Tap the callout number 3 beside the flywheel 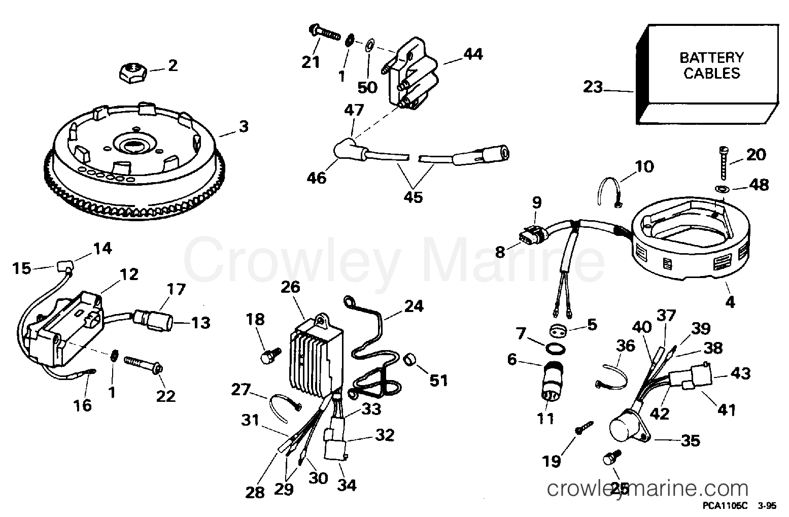pyautogui.click(x=244, y=126)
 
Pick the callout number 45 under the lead pyautogui.click(x=414, y=197)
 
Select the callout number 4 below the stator pyautogui.click(x=730, y=303)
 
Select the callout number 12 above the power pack pyautogui.click(x=129, y=274)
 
